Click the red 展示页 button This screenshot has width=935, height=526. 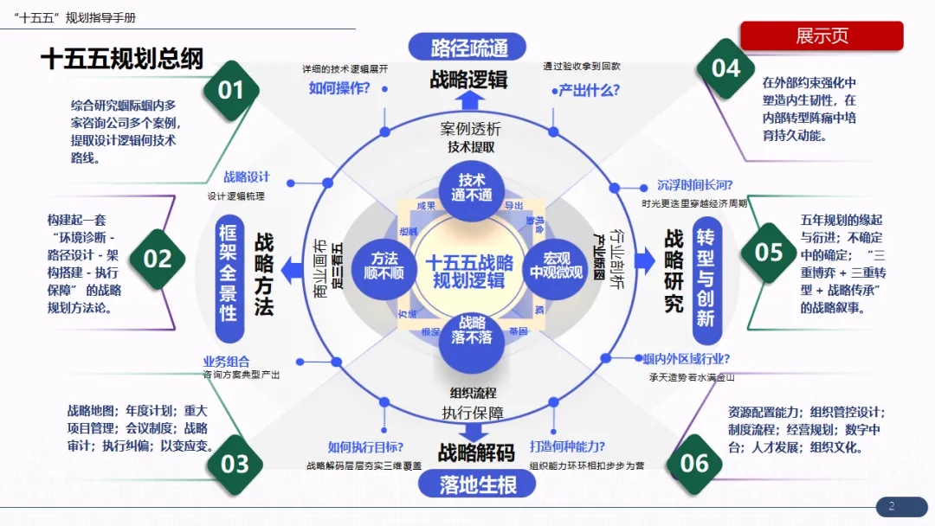point(821,36)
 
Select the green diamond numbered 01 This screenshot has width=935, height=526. point(231,90)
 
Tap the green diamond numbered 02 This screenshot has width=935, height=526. point(158,259)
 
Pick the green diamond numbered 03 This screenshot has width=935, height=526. point(235,465)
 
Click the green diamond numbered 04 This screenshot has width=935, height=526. point(725,68)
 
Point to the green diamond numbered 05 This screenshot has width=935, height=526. point(769,252)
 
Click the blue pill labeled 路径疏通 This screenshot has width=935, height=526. point(469,47)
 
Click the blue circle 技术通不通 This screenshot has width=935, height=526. point(472,188)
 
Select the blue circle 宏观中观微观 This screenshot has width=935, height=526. point(557,266)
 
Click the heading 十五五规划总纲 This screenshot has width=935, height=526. point(122,59)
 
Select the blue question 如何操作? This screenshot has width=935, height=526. point(339,87)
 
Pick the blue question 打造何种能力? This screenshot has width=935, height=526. point(567,447)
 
